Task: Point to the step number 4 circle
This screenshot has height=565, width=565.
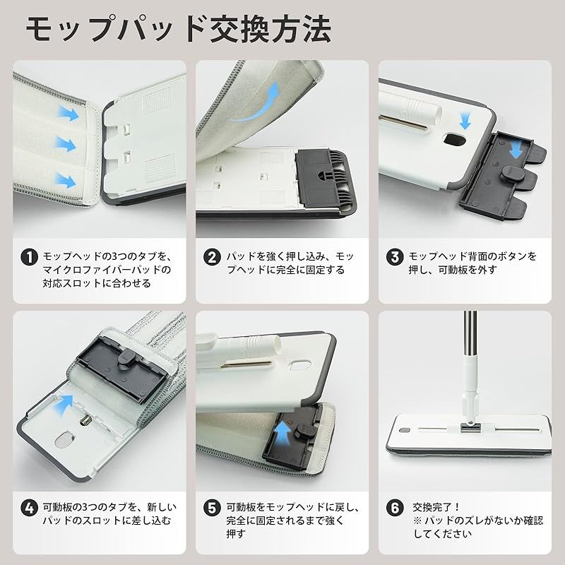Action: [x=29, y=508]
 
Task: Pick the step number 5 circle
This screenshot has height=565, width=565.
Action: [x=213, y=508]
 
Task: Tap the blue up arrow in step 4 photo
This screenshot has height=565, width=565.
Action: [x=65, y=403]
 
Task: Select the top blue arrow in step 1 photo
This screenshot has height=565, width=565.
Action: [x=69, y=111]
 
